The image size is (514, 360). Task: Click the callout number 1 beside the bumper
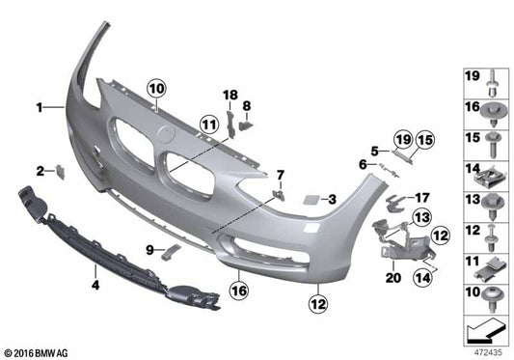40,109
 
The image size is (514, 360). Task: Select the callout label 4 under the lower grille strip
95,285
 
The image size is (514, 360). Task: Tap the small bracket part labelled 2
57,172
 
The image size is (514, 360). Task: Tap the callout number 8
246,104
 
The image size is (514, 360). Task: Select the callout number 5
373,150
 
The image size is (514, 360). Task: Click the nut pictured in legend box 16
493,110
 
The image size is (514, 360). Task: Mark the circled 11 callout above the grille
209,123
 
